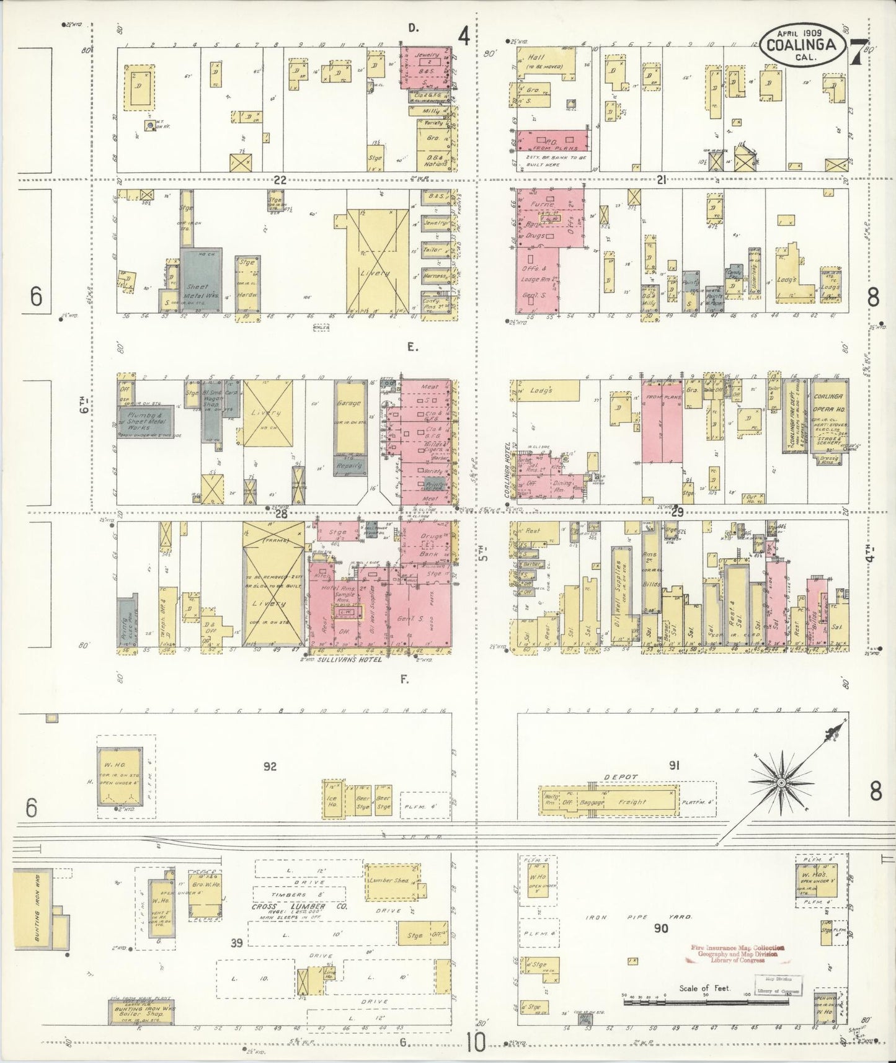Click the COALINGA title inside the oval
[x=804, y=44]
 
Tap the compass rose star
[x=782, y=783]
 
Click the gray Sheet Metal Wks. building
[x=200, y=282]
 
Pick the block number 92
[x=269, y=767]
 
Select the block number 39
[x=237, y=944]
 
